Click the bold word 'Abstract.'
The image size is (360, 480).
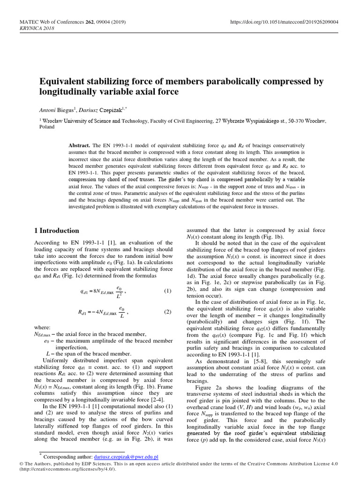click(80, 146)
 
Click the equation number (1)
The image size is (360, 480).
click(167, 292)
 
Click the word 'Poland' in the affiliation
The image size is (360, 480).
click(47, 127)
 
